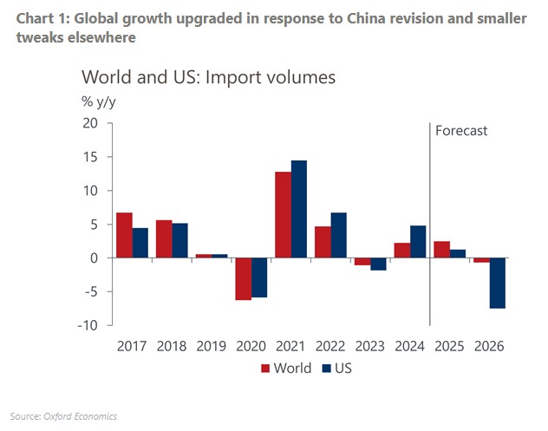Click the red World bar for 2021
pos(283,214)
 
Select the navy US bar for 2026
pos(497,283)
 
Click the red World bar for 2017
pos(124,235)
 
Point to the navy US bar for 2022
pos(338,235)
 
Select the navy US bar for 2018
pos(179,240)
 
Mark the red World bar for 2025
pos(441,249)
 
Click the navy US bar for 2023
pos(378,264)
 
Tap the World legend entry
pos(286,368)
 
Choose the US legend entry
pos(338,368)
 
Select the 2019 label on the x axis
pos(211,344)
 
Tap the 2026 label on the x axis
pos(489,344)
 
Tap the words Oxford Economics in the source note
pos(80,416)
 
